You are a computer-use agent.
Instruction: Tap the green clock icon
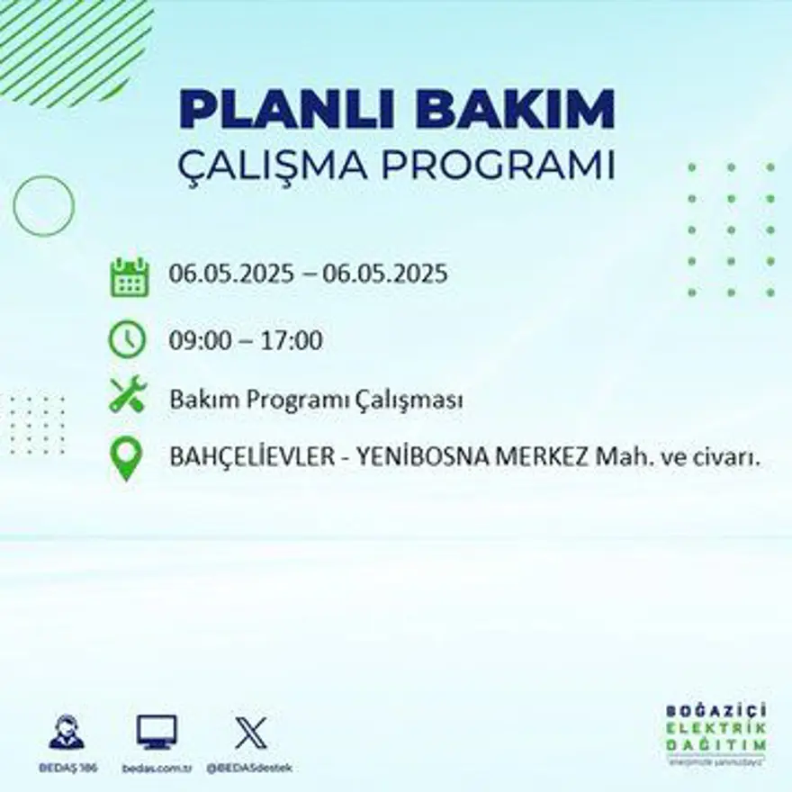(x=127, y=339)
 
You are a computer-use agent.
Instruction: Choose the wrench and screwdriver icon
(x=127, y=396)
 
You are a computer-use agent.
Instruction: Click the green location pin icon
(x=127, y=456)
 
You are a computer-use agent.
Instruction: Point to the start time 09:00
(x=196, y=341)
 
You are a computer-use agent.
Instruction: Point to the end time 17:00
(x=292, y=341)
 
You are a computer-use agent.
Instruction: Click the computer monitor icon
(x=157, y=732)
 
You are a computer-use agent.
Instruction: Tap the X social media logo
(x=249, y=732)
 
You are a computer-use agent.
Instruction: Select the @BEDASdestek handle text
(x=249, y=768)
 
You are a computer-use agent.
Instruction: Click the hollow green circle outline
(x=43, y=206)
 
